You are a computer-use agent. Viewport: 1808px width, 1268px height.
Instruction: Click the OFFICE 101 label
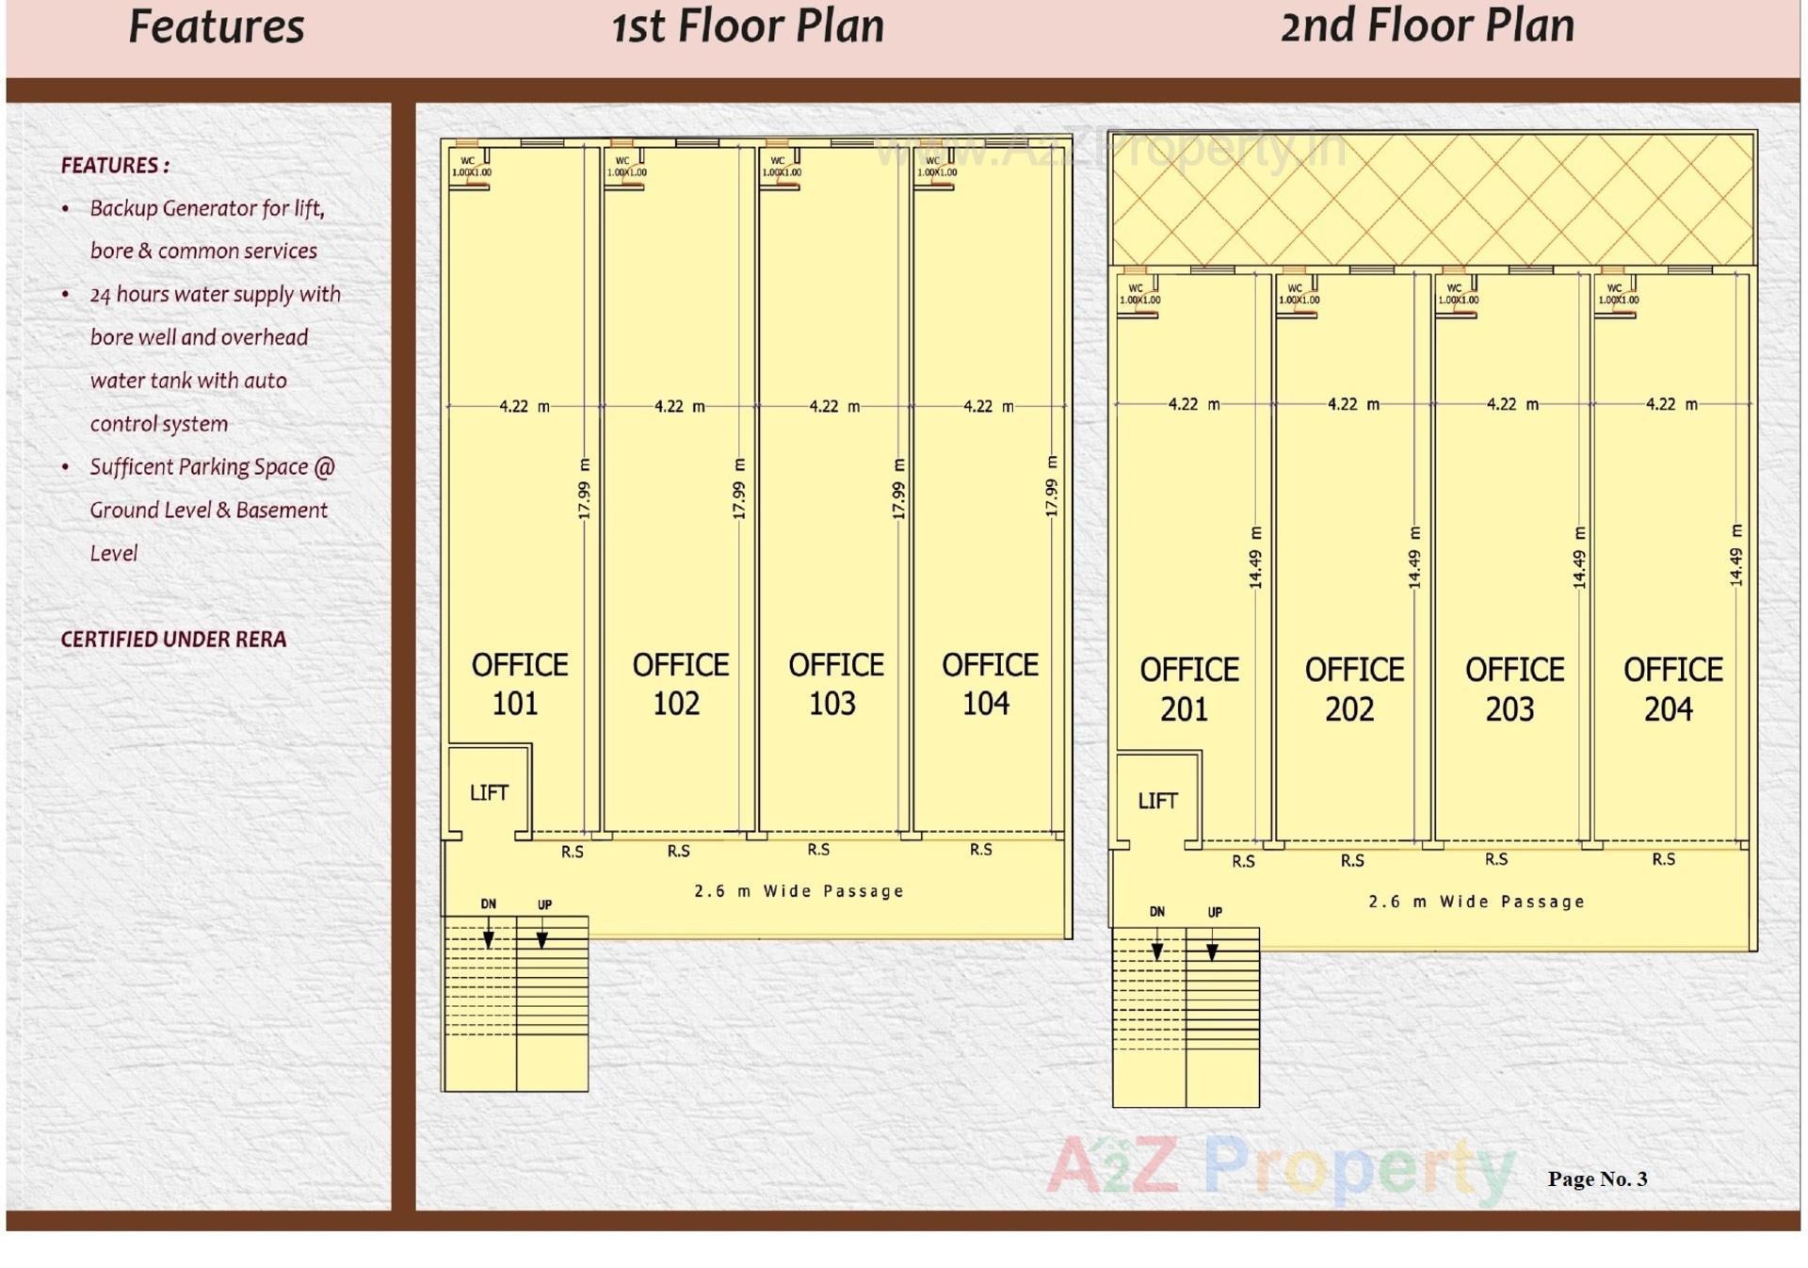519,684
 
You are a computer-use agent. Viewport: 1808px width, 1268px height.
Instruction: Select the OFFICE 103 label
835,684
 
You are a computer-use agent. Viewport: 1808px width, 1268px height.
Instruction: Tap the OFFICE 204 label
1672,689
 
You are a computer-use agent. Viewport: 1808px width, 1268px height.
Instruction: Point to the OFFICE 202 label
1353,689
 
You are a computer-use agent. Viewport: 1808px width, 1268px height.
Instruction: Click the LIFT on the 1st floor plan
489,793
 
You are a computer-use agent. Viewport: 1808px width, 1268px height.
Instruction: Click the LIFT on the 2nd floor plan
1157,801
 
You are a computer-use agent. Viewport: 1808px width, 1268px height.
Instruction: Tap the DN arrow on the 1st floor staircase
489,938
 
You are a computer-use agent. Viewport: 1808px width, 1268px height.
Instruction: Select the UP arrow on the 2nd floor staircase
1213,951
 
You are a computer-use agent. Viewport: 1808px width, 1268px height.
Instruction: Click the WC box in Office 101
470,168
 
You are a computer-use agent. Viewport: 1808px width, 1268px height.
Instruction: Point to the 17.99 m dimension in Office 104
1052,486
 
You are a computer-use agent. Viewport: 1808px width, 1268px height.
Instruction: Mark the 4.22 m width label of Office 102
679,406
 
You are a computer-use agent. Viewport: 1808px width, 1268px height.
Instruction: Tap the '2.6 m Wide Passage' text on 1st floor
799,891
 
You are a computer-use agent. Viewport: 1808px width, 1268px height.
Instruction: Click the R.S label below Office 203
1496,859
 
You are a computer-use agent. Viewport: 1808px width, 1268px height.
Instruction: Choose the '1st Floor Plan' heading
748,26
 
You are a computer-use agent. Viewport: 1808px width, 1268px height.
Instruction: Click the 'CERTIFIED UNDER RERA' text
173,640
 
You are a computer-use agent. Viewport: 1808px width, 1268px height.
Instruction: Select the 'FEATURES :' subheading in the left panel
115,166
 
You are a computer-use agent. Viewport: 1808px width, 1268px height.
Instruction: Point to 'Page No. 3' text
1597,1179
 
